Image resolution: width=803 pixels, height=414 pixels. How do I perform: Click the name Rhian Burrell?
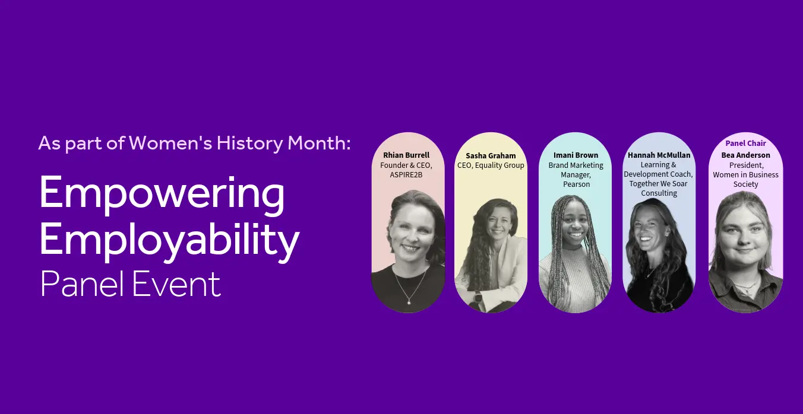[406, 155]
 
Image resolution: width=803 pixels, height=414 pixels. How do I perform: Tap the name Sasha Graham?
[491, 156]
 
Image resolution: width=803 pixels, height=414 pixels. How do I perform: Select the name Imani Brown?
[576, 155]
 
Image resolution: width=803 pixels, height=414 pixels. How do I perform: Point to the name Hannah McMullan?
[659, 155]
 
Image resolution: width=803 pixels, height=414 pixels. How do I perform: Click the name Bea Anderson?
[745, 155]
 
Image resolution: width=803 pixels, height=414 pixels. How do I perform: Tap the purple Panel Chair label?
[745, 144]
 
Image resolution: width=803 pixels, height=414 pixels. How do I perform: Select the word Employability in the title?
[169, 241]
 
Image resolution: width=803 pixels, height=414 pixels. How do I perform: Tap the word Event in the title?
[176, 284]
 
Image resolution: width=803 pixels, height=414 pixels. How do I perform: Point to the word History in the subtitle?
[250, 143]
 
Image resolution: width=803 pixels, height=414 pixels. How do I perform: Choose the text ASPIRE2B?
[406, 175]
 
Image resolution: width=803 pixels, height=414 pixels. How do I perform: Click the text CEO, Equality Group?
[491, 165]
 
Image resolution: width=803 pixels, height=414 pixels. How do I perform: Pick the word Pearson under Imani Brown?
[576, 184]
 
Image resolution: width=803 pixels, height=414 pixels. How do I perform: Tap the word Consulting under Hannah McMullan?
[659, 193]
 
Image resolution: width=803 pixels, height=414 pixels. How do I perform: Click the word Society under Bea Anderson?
[745, 184]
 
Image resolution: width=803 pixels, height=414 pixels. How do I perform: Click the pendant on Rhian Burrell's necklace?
[409, 302]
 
